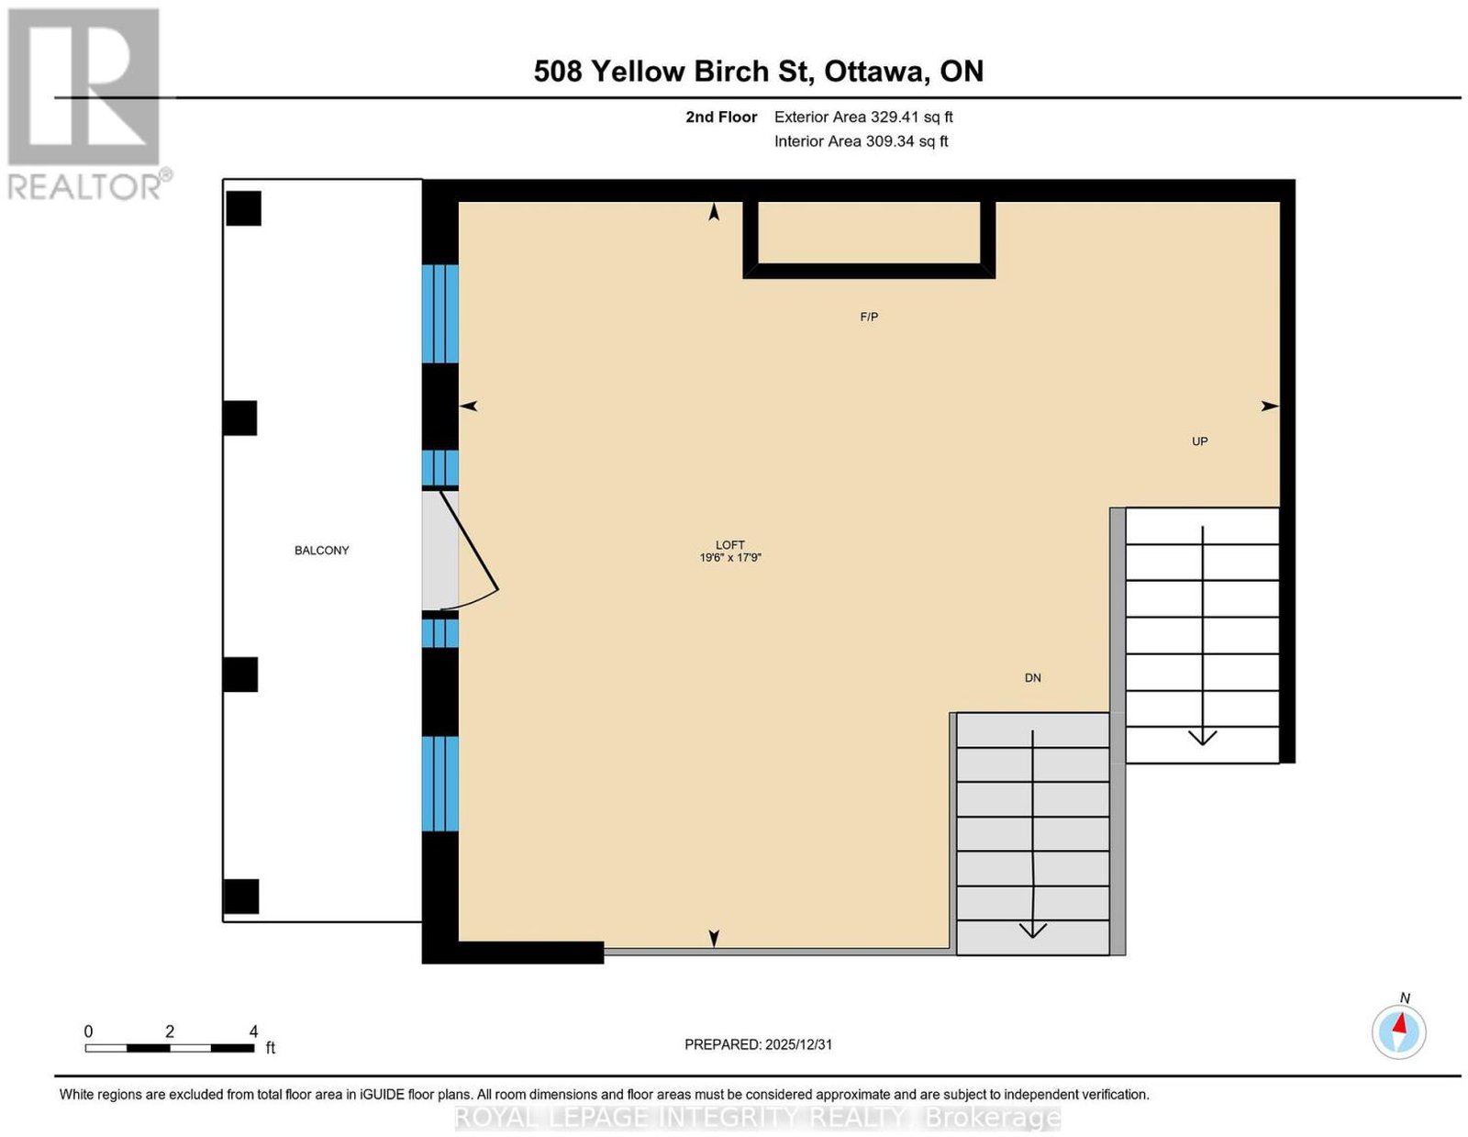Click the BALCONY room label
(x=321, y=551)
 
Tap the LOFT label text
(x=730, y=544)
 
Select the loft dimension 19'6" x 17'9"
(x=730, y=557)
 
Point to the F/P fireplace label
(x=869, y=317)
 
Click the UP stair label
(x=1200, y=441)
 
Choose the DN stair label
(x=1033, y=677)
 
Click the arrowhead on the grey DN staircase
(x=1032, y=931)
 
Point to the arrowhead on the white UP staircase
(x=1203, y=737)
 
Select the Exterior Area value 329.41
(x=895, y=117)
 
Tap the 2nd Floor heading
(x=721, y=117)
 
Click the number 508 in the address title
(x=557, y=72)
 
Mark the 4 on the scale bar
(x=253, y=1031)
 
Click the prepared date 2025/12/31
(x=798, y=1044)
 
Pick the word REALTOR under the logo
(x=83, y=187)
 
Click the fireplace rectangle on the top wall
(x=869, y=240)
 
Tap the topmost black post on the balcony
(x=243, y=208)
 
